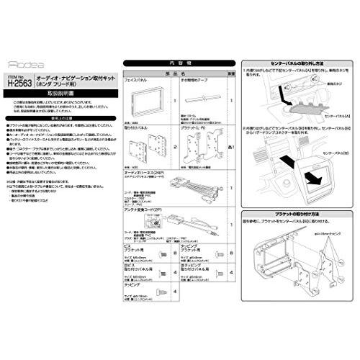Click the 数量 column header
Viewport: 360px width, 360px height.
[x=232, y=73]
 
